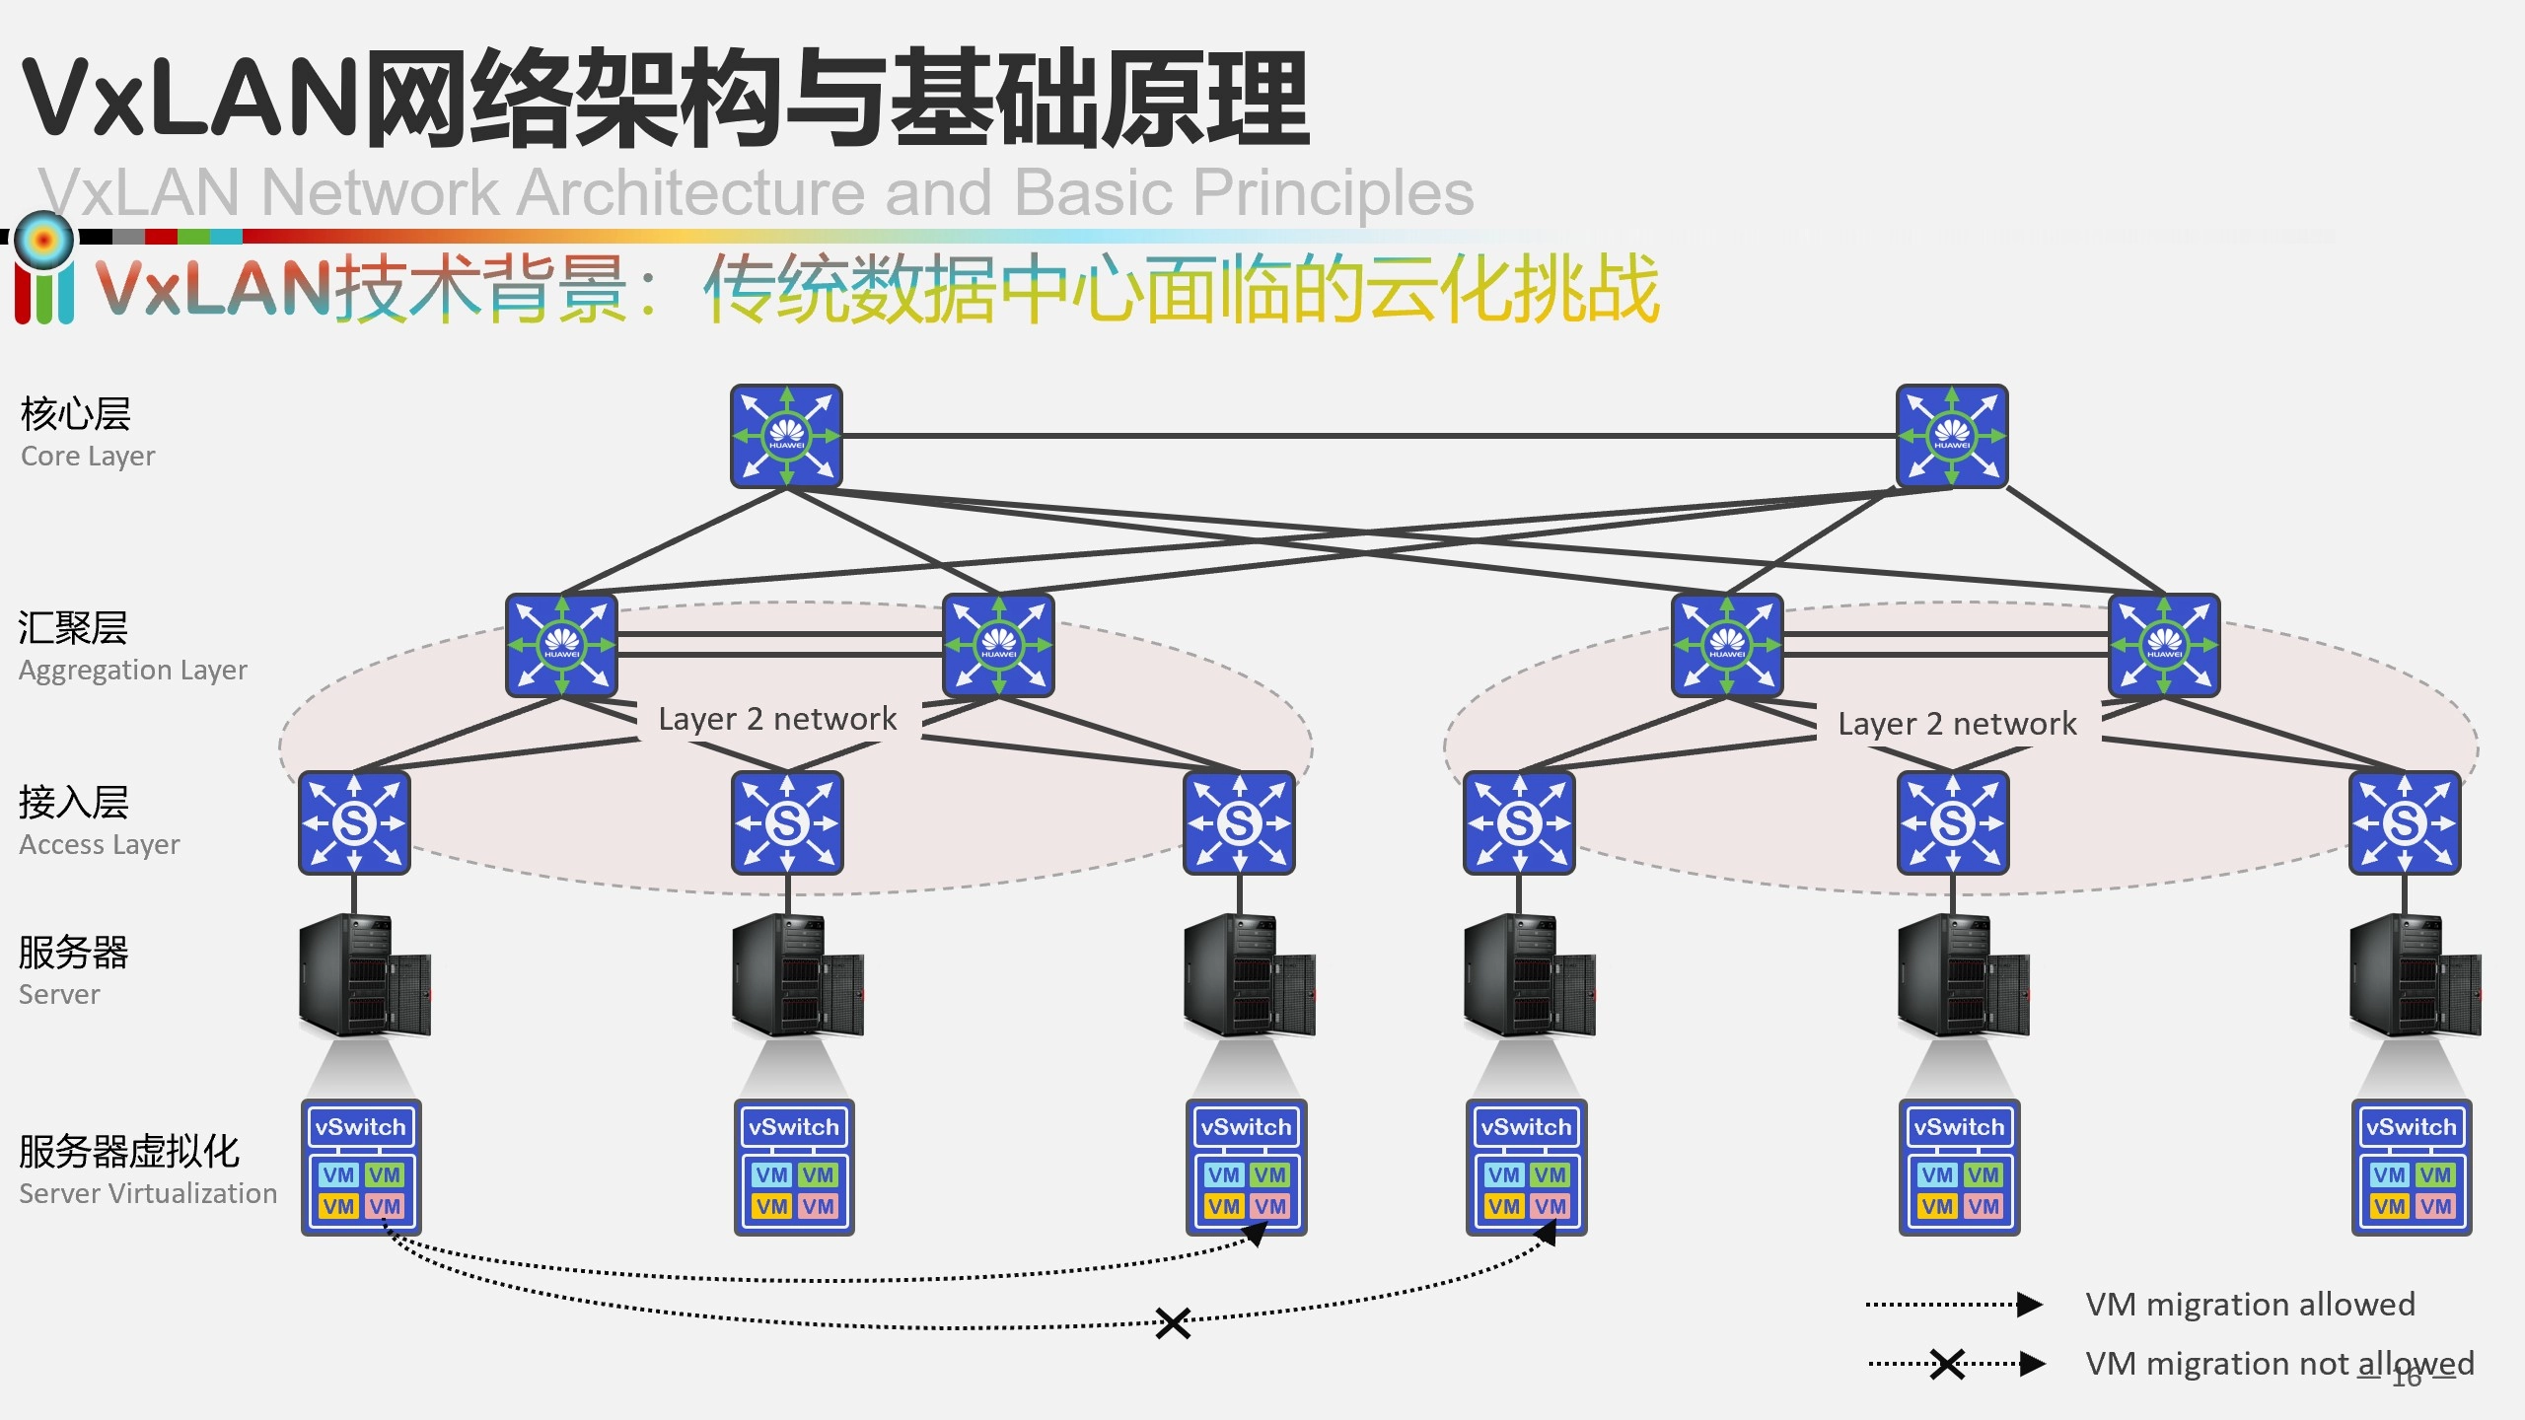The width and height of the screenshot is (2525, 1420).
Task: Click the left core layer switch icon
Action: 786,436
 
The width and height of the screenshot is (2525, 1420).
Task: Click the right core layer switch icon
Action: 1952,436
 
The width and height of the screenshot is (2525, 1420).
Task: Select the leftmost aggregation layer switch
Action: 561,645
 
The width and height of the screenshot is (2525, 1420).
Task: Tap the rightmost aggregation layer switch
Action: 2164,645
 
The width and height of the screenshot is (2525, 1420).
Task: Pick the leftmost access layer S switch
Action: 354,822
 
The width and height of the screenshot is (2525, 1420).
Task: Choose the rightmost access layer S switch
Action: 2405,822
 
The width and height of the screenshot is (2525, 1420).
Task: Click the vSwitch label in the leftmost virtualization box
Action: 361,1127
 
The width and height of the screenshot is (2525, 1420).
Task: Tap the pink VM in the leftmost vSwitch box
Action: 385,1206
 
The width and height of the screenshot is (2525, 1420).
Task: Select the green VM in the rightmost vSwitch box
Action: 2435,1174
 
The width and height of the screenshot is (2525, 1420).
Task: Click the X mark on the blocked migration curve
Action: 1173,1323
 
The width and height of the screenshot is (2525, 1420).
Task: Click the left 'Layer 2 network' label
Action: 777,719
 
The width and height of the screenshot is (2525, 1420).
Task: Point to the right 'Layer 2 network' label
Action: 1957,724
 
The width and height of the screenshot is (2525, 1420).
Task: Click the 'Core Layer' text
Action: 88,457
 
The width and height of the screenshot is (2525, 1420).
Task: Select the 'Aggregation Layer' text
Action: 132,671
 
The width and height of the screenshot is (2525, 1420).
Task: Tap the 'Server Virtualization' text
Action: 148,1193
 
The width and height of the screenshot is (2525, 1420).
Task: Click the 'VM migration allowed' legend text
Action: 2250,1305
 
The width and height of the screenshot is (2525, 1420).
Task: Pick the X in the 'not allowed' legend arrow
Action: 1947,1365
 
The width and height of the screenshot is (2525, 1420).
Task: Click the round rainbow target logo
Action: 44,239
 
